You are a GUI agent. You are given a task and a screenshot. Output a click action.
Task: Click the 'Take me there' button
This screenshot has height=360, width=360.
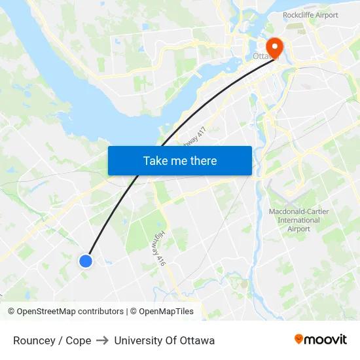click(179, 160)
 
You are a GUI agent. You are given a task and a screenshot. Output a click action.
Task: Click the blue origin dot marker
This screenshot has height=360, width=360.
click(86, 261)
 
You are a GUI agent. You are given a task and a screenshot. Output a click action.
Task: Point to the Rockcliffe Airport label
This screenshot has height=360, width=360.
click(310, 15)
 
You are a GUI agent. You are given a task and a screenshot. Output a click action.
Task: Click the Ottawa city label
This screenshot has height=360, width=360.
click(263, 57)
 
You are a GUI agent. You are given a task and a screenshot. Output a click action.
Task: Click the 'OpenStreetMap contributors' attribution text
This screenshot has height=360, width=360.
click(70, 312)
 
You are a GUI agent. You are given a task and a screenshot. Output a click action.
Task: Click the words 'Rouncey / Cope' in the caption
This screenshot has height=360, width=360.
click(52, 340)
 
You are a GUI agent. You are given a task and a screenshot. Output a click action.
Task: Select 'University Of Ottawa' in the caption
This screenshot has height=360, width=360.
click(164, 340)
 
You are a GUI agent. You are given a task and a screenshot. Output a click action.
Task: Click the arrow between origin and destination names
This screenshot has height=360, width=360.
click(102, 340)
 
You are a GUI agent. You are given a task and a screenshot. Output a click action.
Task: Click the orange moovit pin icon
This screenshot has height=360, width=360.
click(299, 339)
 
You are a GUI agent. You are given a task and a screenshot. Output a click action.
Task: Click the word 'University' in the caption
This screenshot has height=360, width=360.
click(137, 340)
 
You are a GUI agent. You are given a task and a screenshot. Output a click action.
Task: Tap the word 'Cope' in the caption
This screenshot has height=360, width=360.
click(78, 340)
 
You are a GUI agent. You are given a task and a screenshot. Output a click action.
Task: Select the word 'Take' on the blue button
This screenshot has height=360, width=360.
click(156, 160)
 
